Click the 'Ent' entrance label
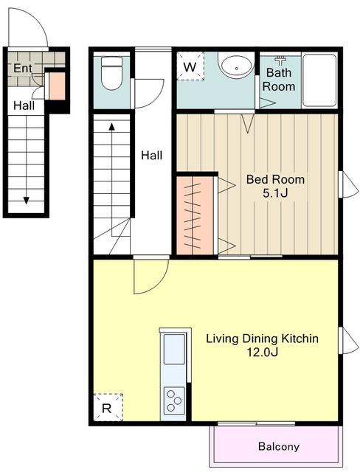[x=23, y=68]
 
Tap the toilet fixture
[x=111, y=73]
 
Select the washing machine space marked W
[x=190, y=66]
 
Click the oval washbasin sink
[x=237, y=66]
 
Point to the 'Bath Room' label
[x=279, y=80]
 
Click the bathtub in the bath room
[x=319, y=80]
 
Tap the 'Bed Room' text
[x=275, y=179]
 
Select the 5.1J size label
[x=275, y=193]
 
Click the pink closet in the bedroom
[x=195, y=215]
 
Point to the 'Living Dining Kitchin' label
[x=262, y=339]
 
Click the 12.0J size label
[x=262, y=352]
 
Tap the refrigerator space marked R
[x=108, y=407]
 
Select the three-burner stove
[x=174, y=400]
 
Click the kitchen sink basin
[x=174, y=349]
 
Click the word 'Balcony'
[x=279, y=446]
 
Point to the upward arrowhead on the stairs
[x=111, y=126]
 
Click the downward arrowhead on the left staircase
[x=26, y=200]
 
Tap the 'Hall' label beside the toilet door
[x=152, y=156]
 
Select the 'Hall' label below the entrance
[x=24, y=105]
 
